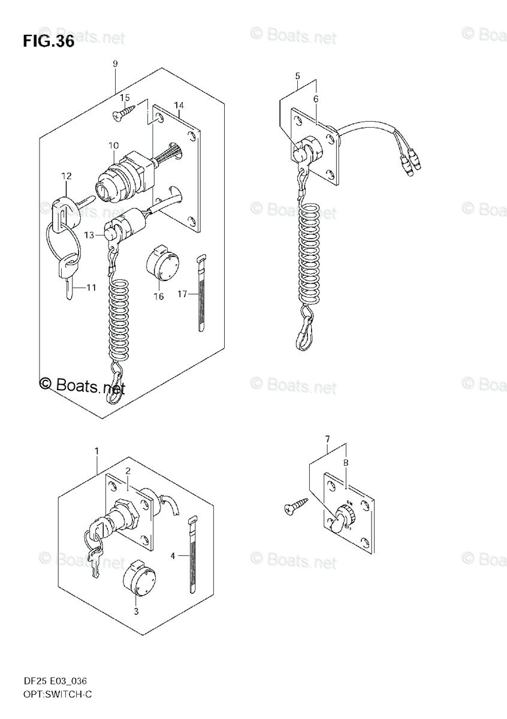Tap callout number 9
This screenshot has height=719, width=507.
click(114, 64)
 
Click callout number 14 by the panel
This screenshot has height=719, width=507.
click(179, 106)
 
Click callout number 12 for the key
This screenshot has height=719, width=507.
click(66, 176)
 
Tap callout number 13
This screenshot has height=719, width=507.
click(89, 235)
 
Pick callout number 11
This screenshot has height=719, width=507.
click(90, 288)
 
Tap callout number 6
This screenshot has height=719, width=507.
click(315, 99)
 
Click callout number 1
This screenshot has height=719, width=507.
click(97, 451)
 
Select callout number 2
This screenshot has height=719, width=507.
click(128, 472)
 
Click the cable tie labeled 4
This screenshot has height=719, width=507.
click(192, 554)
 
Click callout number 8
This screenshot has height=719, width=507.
click(346, 463)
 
